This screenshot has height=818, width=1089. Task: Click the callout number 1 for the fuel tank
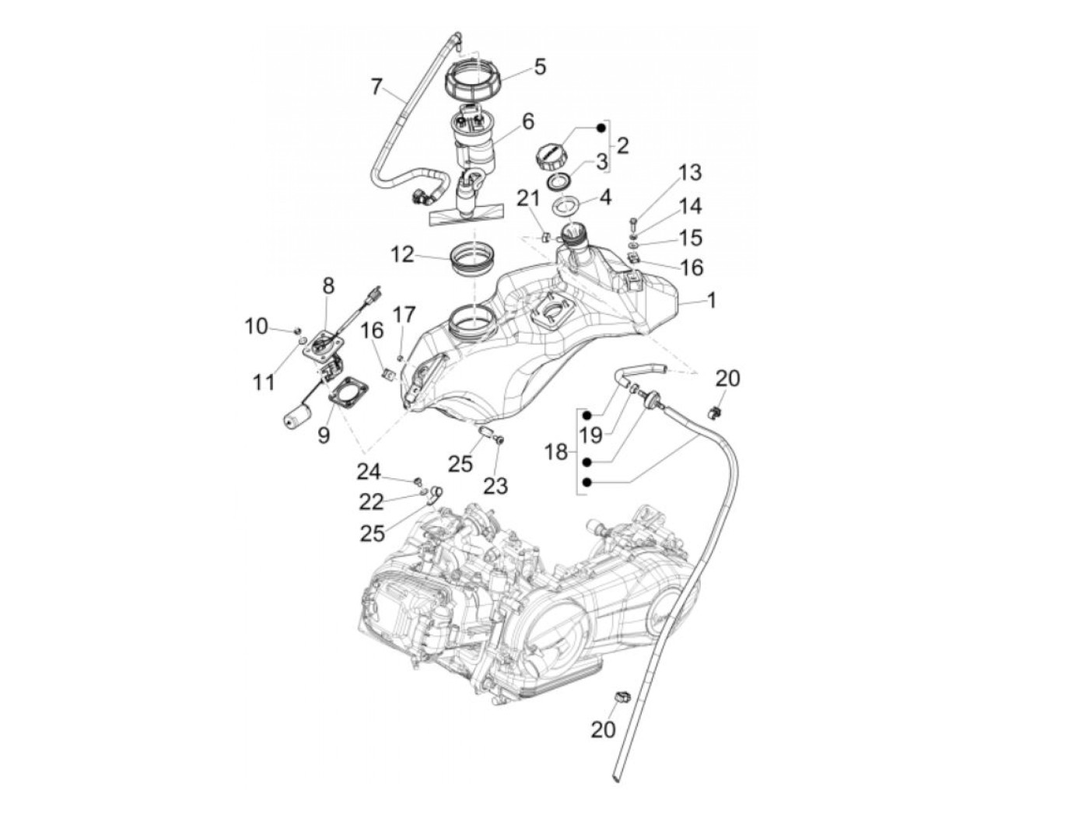point(711,299)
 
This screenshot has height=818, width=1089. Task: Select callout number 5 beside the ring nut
point(539,66)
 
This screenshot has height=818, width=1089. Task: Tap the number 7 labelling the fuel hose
point(376,86)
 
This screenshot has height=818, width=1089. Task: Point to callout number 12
point(403,253)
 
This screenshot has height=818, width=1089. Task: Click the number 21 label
point(529,199)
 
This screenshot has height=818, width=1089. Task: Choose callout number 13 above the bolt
point(689,172)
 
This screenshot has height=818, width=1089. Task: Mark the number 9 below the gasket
point(324,434)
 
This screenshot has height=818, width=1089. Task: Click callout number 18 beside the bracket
point(556,450)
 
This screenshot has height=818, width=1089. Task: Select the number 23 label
point(495,486)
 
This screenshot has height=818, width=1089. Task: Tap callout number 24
point(369,471)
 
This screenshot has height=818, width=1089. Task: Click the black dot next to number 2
point(601,126)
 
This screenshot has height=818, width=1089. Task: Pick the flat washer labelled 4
point(566,208)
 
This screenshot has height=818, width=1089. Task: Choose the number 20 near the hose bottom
point(604,729)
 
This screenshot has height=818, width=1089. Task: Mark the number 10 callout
point(257,327)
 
